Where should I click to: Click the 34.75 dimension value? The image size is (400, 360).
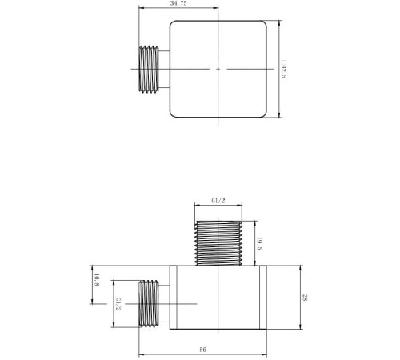[178, 3]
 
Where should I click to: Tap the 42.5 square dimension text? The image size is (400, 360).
[283, 72]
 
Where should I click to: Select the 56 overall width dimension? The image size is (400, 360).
[202, 350]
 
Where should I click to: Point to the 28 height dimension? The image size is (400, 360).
[305, 298]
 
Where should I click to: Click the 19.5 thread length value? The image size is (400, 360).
[259, 243]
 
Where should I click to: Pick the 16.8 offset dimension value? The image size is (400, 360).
[97, 280]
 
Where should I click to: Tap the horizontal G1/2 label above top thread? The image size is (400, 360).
[218, 201]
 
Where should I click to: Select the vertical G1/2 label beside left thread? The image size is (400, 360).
[118, 304]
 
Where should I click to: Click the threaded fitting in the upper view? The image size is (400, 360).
[149, 69]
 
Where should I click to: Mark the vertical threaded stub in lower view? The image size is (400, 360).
[218, 243]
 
